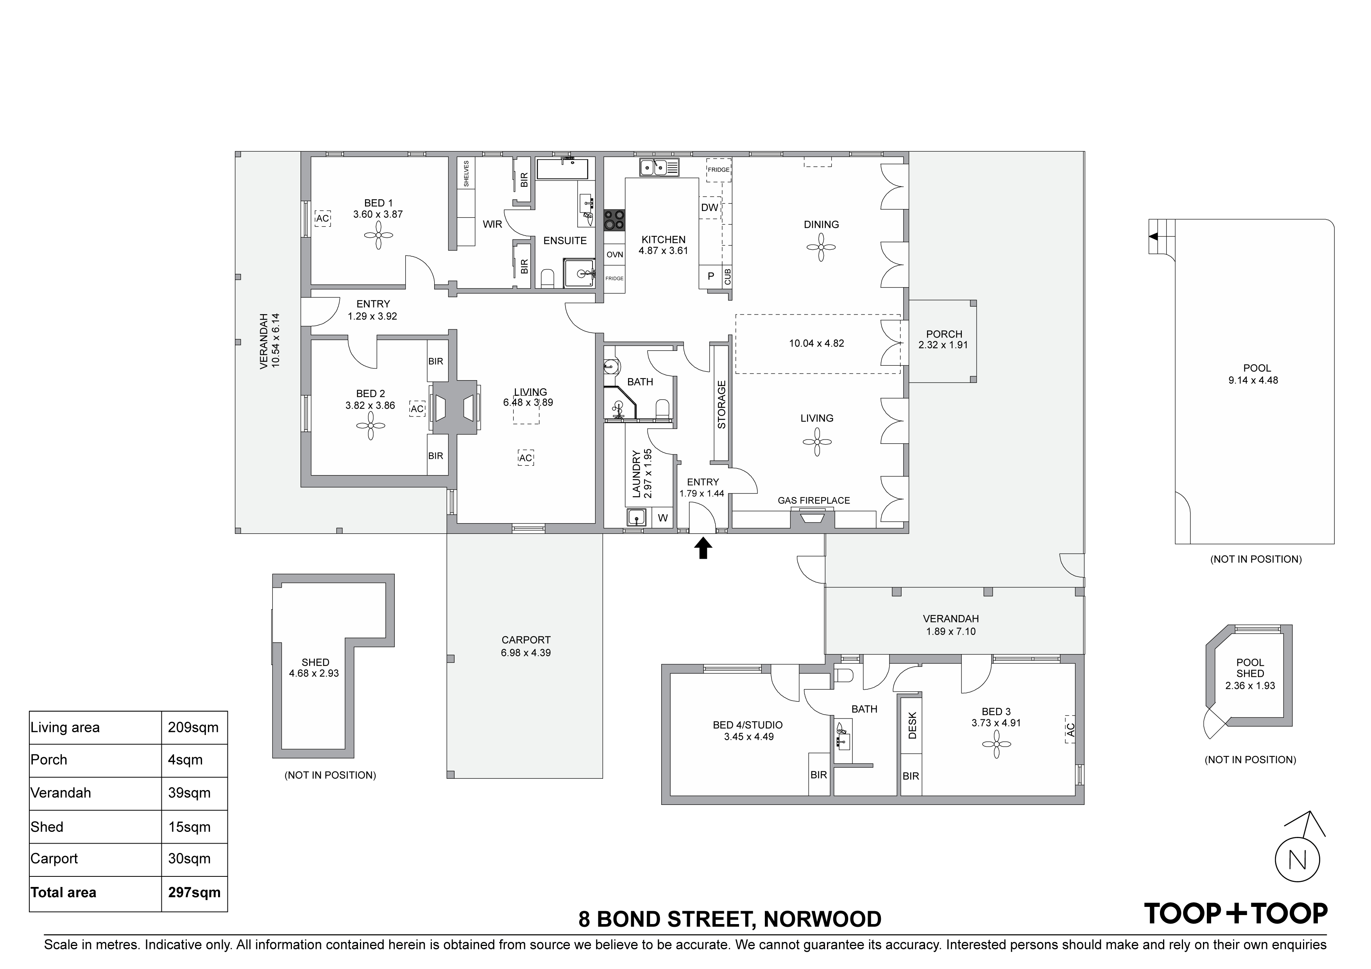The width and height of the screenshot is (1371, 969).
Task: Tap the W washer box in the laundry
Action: tap(663, 518)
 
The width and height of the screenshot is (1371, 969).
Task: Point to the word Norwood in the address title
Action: tap(822, 919)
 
